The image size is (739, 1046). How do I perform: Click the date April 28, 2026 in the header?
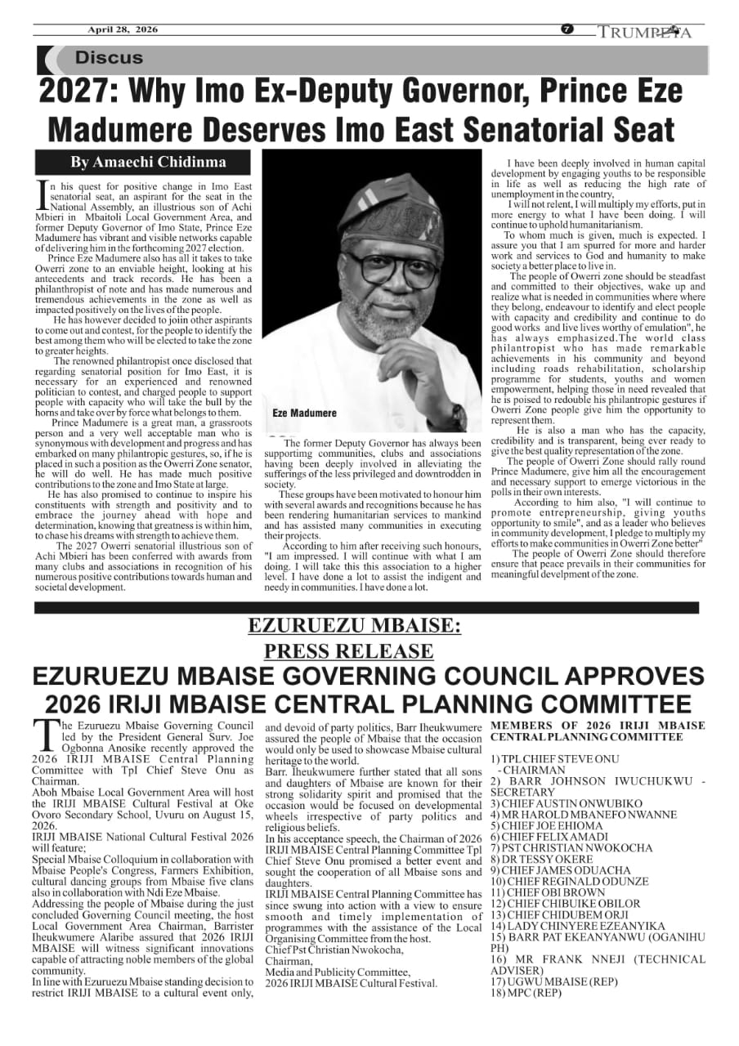click(123, 30)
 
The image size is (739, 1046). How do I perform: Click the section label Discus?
click(109, 58)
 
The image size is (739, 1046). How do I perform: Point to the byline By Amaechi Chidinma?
click(148, 162)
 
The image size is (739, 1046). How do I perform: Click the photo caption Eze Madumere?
click(304, 413)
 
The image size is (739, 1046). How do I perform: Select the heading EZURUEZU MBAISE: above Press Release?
click(354, 628)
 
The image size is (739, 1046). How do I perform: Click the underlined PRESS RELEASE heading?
click(349, 651)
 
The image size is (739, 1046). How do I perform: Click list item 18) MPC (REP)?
click(526, 993)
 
